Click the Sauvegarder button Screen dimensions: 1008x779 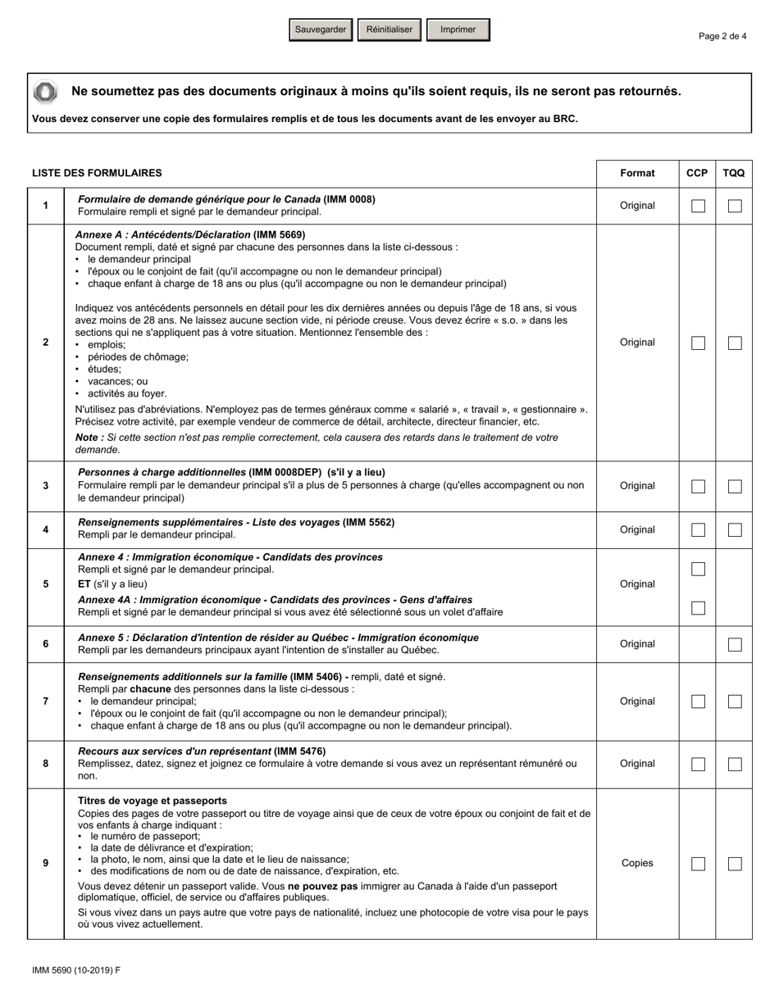point(321,30)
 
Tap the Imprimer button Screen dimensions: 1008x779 point(458,30)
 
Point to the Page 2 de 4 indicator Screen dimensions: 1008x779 point(722,36)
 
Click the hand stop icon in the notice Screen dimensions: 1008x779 point(46,92)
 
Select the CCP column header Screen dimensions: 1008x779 point(697,173)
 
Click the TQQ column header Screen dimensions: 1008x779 point(734,173)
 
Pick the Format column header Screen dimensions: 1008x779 point(637,173)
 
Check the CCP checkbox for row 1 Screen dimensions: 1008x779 point(698,206)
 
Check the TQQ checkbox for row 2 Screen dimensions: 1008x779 point(735,343)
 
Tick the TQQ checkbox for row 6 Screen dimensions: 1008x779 point(735,644)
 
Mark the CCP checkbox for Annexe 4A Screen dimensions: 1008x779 point(698,608)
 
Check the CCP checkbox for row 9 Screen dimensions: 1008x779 point(698,864)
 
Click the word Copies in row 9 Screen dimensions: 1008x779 point(637,864)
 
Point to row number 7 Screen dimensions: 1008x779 point(45,702)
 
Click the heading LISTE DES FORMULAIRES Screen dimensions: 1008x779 point(97,173)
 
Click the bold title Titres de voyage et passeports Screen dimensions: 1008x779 point(153,801)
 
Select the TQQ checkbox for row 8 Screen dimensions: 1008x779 point(735,764)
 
